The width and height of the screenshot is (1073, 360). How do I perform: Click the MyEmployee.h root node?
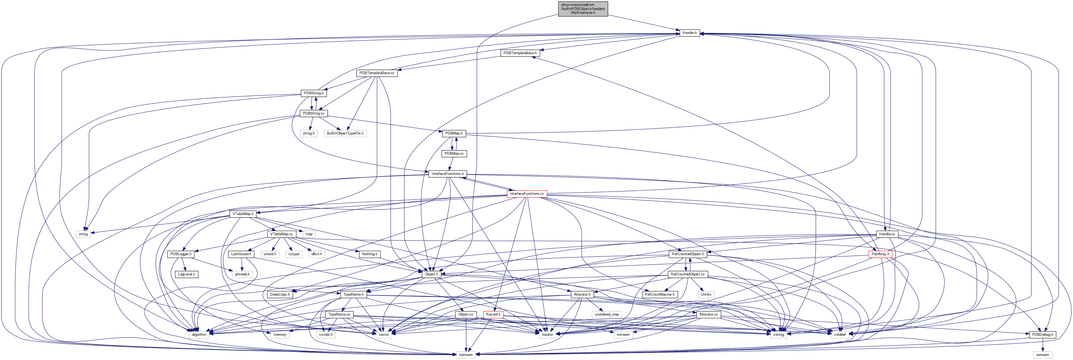583,9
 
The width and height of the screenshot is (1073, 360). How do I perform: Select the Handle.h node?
689,33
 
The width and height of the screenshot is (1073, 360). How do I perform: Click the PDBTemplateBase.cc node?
377,73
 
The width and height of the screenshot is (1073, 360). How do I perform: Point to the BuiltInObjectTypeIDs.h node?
345,133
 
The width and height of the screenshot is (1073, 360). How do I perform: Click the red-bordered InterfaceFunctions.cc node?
527,194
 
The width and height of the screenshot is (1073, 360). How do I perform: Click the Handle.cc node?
887,234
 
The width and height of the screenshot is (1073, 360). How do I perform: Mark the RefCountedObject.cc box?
687,274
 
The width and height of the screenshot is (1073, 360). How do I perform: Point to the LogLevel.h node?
186,274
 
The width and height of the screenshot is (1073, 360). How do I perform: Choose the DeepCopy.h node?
280,294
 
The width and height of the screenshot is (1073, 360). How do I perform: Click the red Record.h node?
493,314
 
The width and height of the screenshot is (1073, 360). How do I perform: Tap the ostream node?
1043,355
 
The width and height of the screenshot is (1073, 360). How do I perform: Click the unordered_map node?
607,314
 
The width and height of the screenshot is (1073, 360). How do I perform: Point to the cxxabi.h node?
326,335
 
